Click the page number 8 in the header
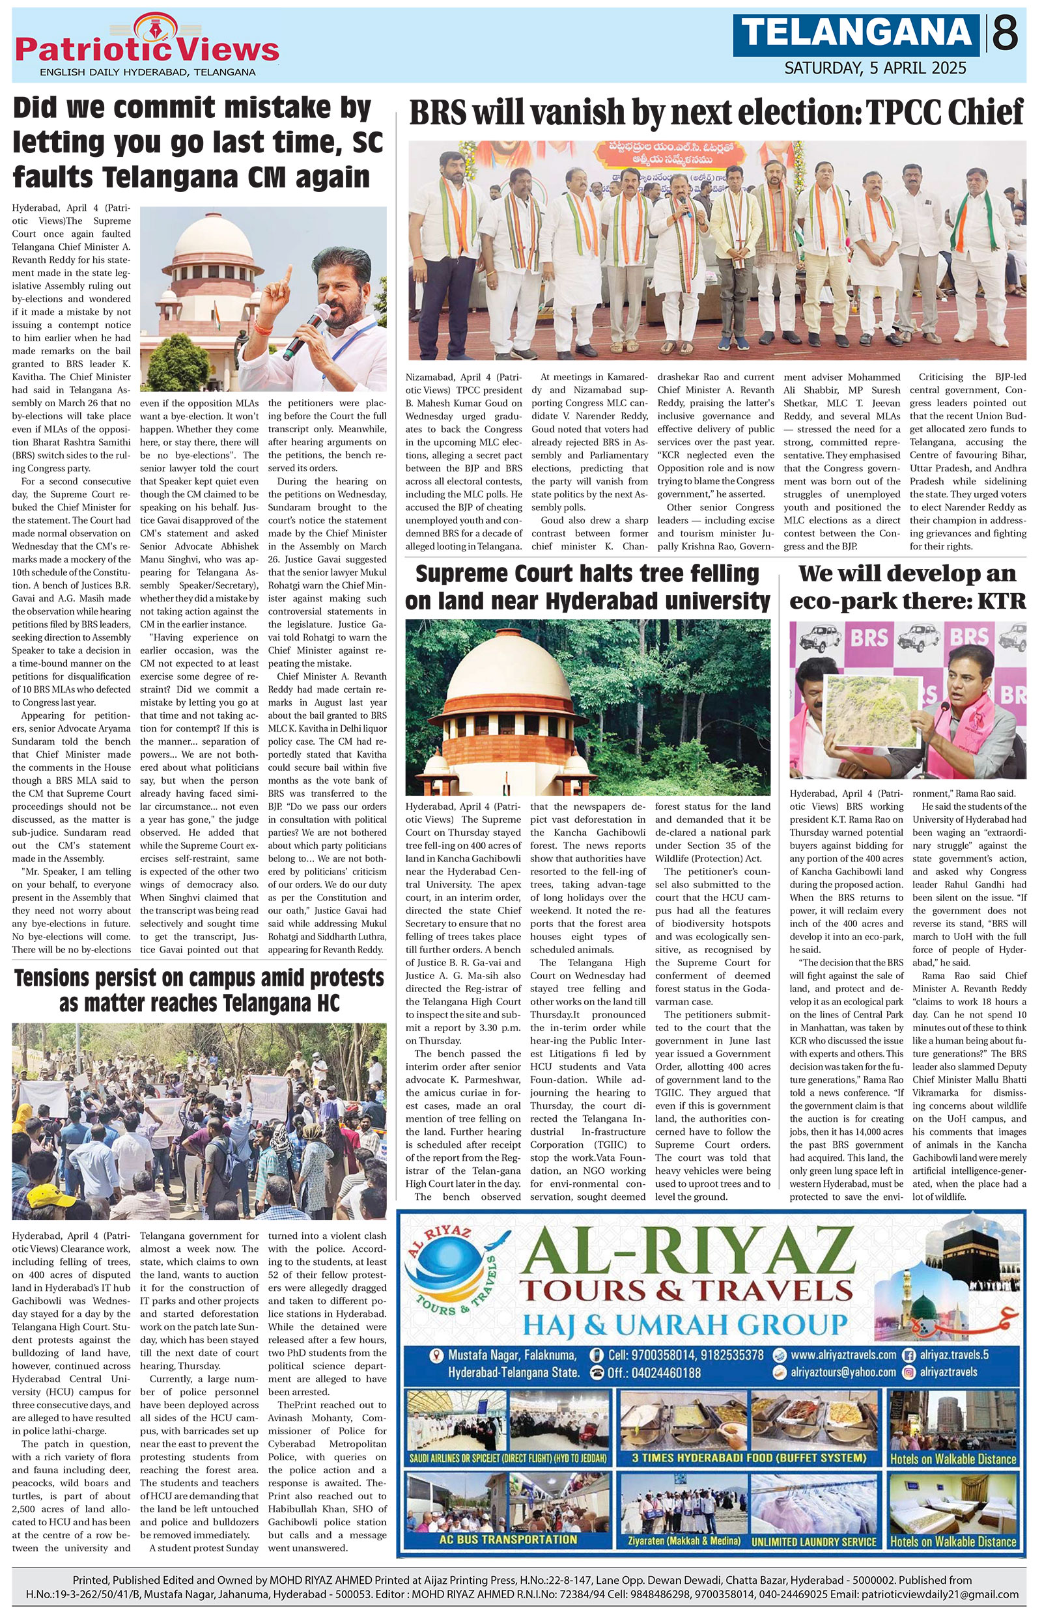pos(1006,33)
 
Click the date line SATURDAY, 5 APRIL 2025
pos(875,68)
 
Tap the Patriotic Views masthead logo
pos(147,47)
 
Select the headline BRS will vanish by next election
pos(716,113)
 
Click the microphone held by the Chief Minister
pos(307,331)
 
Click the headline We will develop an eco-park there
pos(907,587)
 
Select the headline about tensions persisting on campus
pos(199,990)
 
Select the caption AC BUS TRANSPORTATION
pos(507,1538)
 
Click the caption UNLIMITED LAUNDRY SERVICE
pos(813,1541)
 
